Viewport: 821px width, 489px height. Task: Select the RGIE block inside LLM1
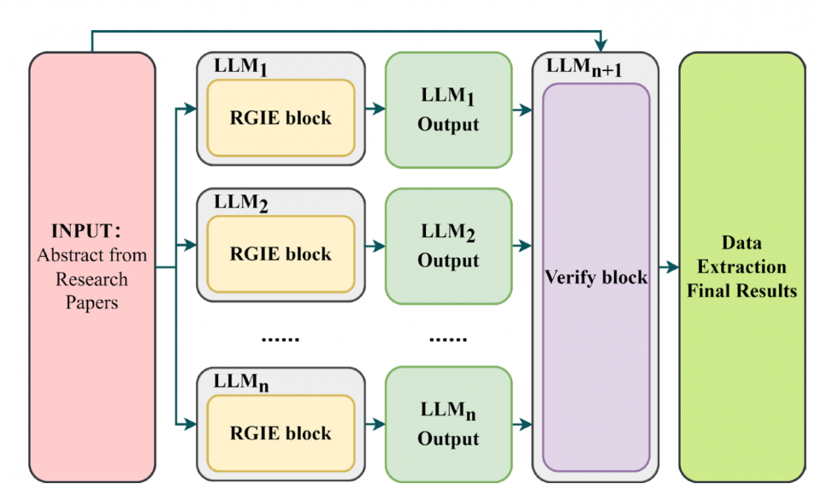click(281, 118)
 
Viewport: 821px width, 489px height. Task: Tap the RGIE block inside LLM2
click(281, 254)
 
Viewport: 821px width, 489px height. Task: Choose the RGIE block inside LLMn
click(281, 433)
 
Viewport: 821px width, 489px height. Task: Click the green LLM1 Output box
click(448, 110)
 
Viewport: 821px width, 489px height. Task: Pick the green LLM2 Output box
click(448, 247)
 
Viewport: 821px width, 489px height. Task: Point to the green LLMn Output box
click(448, 425)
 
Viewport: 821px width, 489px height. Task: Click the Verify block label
click(596, 278)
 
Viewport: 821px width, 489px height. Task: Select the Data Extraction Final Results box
click(742, 266)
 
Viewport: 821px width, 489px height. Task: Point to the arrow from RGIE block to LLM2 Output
click(375, 246)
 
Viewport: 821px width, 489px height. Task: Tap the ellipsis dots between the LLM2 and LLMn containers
click(281, 338)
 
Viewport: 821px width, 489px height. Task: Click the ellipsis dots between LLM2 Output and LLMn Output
click(448, 338)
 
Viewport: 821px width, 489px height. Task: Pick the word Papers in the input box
click(92, 303)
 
